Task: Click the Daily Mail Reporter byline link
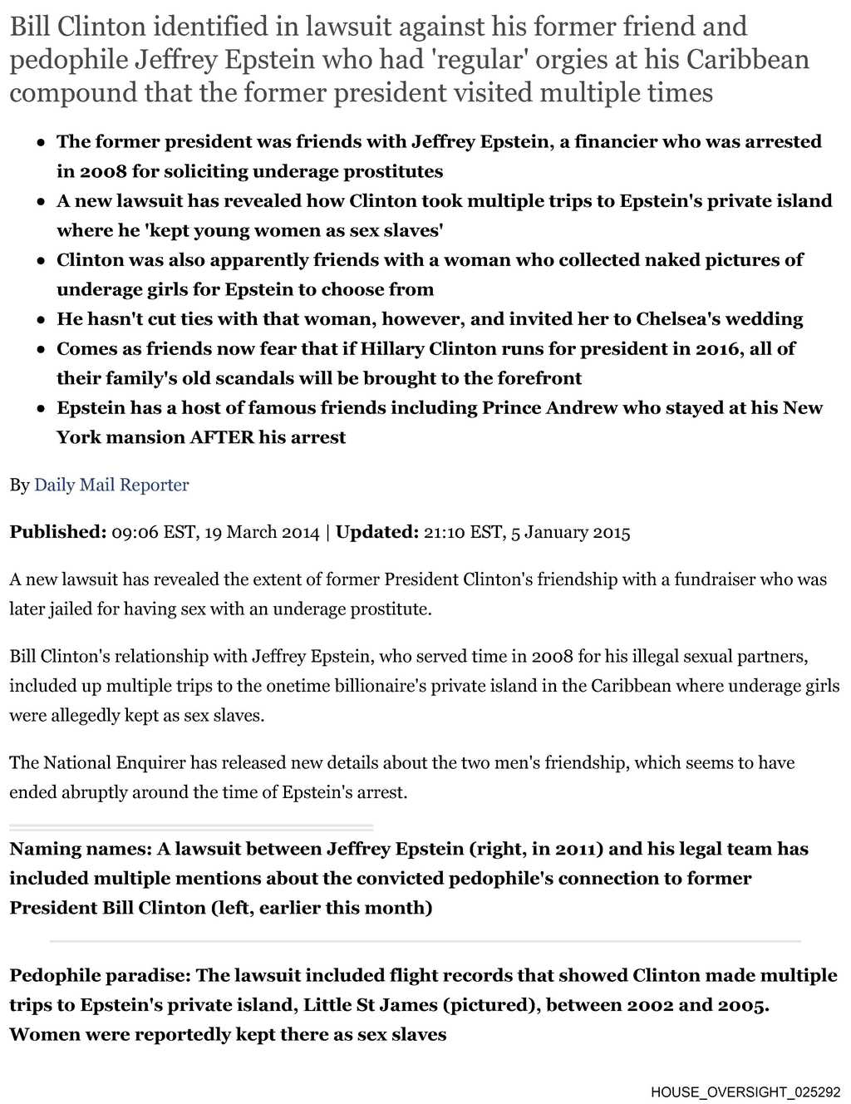[111, 485]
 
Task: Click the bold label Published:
[57, 532]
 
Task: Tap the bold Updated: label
[376, 532]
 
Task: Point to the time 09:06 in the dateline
[135, 532]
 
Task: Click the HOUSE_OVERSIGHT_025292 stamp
[745, 1092]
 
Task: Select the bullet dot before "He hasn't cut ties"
[41, 320]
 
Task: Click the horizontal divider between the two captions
[425, 941]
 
